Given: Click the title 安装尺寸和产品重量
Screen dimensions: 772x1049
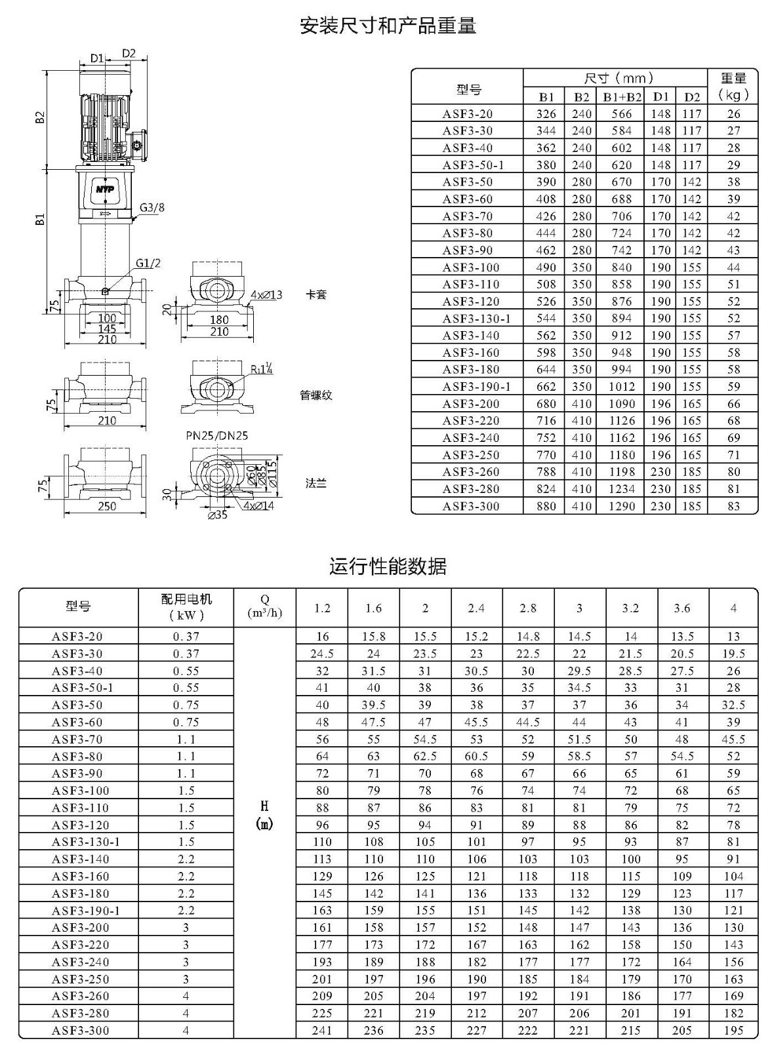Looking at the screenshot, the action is point(388,26).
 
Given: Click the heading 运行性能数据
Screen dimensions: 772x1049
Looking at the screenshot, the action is point(388,566).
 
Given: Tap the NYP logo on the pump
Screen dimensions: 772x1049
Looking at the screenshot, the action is point(106,189).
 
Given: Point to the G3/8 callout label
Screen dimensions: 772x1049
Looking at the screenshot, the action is point(152,207).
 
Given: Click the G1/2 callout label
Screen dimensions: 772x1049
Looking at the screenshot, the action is point(148,263).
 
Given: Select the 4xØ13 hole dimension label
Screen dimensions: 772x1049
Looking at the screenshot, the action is point(266,294).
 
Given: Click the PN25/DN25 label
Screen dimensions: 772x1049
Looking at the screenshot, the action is point(217,435).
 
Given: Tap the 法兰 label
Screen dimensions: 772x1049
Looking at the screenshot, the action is point(315,483).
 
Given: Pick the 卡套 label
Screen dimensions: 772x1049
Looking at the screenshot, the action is point(315,294).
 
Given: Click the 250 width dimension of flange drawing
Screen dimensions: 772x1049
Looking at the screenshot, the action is point(107,505).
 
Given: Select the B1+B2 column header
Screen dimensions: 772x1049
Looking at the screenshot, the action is point(622,97).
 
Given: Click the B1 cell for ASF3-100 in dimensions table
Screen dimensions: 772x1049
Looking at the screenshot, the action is point(546,267).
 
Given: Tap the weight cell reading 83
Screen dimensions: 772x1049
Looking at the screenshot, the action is point(733,505).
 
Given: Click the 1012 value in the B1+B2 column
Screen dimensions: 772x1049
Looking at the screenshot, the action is point(622,386).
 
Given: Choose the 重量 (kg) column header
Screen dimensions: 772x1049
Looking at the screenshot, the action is point(733,87).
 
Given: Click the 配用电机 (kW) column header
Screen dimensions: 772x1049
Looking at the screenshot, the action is point(186,607).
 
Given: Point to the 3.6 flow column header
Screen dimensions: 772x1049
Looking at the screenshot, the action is point(682,608).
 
